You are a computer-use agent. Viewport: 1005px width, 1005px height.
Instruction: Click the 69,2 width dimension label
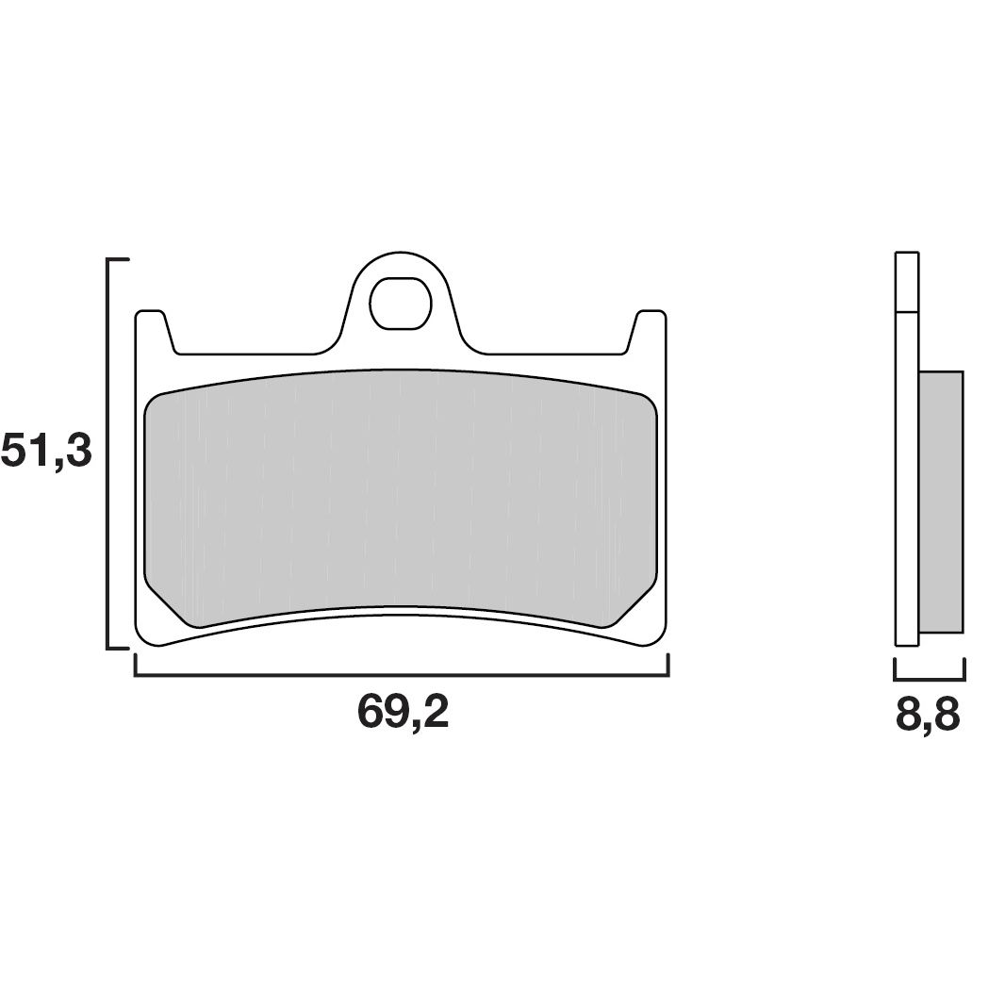pos(403,713)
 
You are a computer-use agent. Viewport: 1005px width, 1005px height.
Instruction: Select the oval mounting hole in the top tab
pos(397,303)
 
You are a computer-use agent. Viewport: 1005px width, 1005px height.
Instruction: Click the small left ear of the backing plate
pos(152,325)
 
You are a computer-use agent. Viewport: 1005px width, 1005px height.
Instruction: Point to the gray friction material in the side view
pos(940,501)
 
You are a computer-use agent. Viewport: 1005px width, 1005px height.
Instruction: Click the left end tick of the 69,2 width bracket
pos(137,666)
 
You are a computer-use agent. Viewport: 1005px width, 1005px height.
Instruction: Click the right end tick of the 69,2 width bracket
pos(667,666)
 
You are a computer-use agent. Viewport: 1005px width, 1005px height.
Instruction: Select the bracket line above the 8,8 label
pos(929,679)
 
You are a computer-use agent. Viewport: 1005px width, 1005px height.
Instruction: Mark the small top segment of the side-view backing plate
pos(906,282)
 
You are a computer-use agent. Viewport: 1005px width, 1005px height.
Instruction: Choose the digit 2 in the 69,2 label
pos(435,713)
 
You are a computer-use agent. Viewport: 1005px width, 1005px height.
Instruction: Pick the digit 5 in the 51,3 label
pos(16,452)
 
